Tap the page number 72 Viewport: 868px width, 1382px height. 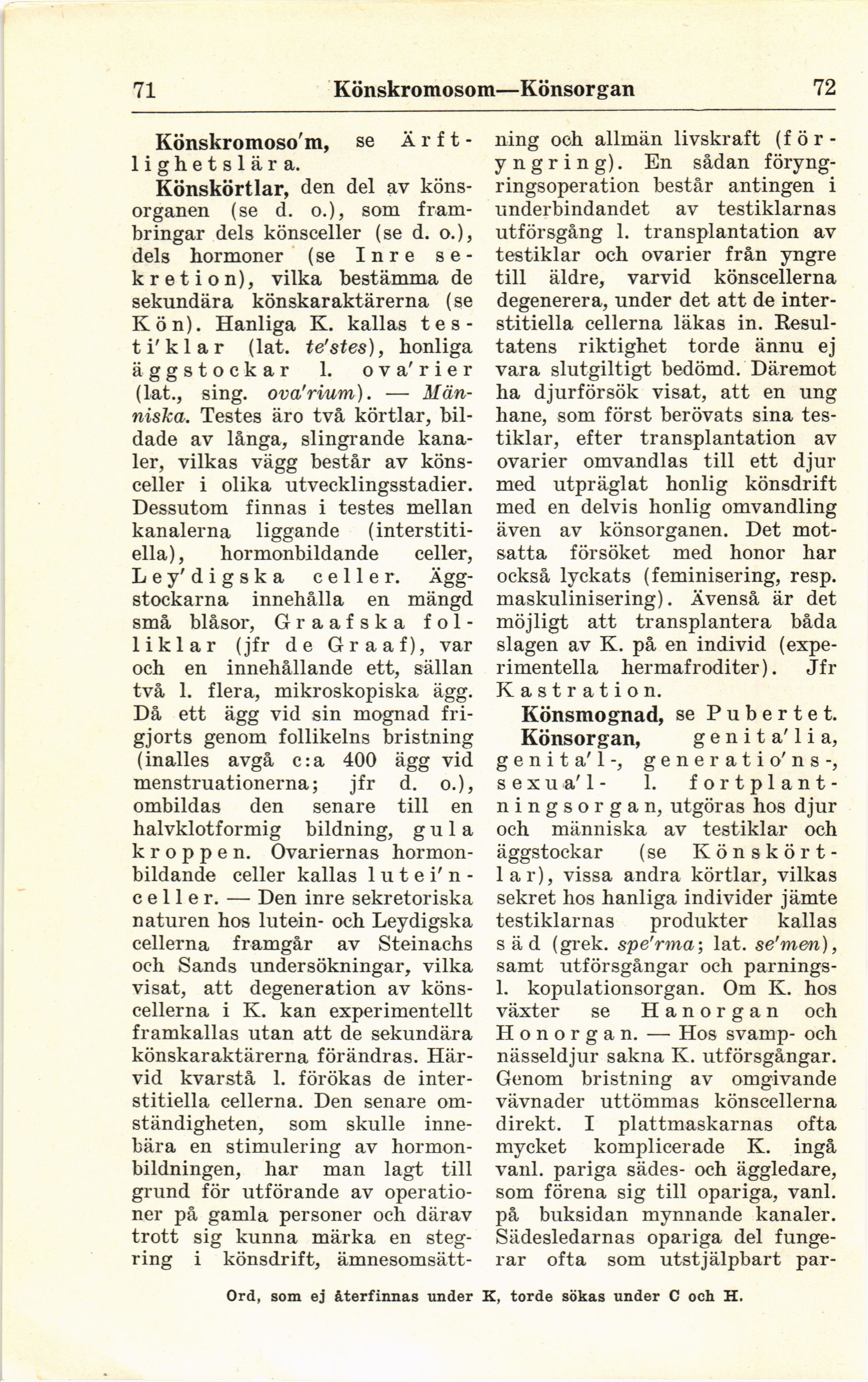823,88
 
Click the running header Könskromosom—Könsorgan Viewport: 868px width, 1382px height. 484,89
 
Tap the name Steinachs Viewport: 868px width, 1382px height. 426,943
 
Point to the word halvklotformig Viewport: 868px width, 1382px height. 206,829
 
